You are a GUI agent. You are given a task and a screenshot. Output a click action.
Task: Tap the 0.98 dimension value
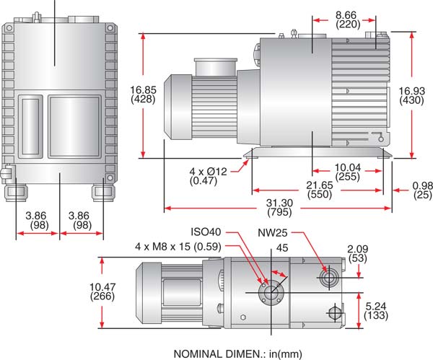pyautogui.click(x=418, y=185)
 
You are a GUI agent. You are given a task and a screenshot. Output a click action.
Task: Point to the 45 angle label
pyautogui.click(x=281, y=247)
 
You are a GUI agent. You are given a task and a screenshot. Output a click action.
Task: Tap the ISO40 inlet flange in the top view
pyautogui.click(x=270, y=292)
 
